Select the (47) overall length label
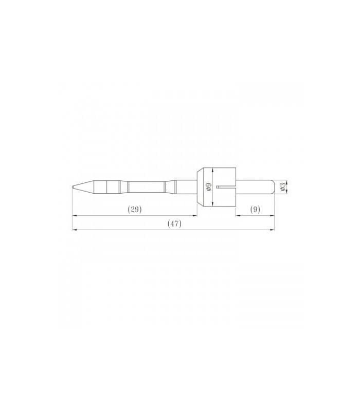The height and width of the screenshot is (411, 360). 174,223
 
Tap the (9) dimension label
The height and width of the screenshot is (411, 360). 255,209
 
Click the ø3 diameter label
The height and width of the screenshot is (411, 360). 282,187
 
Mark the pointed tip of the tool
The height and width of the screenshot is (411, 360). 73,187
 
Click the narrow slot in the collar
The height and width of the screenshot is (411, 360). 225,187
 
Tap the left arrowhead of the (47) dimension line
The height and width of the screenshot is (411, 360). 74,230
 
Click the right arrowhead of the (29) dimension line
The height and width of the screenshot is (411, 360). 195,216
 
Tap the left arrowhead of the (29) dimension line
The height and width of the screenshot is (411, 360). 74,216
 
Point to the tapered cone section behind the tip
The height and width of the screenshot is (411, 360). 85,187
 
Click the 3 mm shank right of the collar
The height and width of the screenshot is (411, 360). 255,187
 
